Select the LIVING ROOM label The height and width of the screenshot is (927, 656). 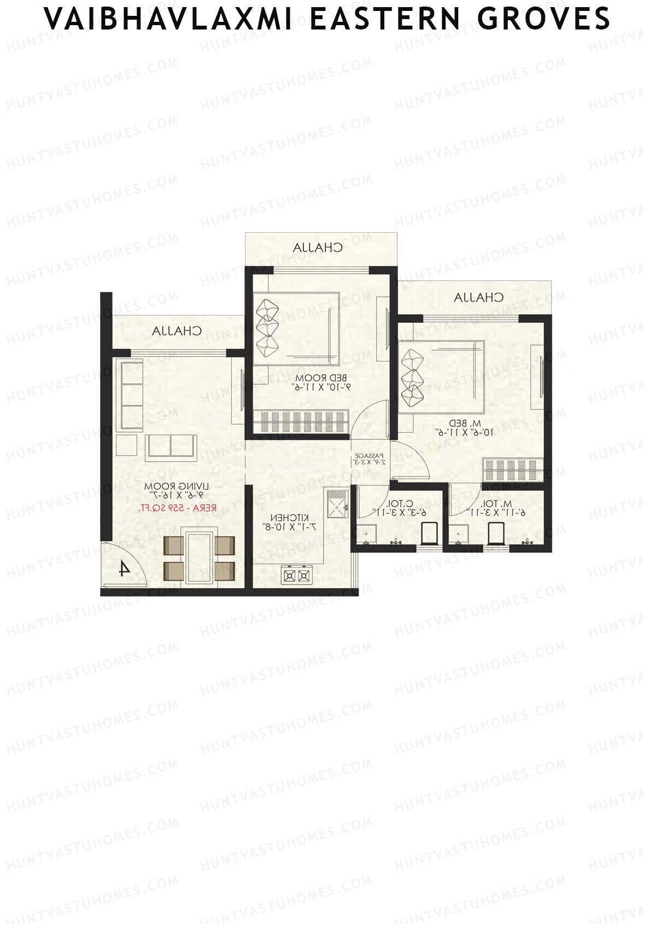pos(177,486)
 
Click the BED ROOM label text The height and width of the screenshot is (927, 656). pos(321,378)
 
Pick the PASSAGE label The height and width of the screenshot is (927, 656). pos(370,455)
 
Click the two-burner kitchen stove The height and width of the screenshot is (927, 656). pos(296,575)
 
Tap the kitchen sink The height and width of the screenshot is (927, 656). pos(337,504)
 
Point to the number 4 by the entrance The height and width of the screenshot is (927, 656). pos(125,569)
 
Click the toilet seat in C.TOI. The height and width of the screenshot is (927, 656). pos(430,533)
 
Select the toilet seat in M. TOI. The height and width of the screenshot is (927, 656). pos(496,533)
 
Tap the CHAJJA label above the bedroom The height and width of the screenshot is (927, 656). pos(318,247)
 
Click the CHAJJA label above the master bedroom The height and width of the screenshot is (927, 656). pos(479,298)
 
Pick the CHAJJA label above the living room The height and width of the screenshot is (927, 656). pos(177,331)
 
